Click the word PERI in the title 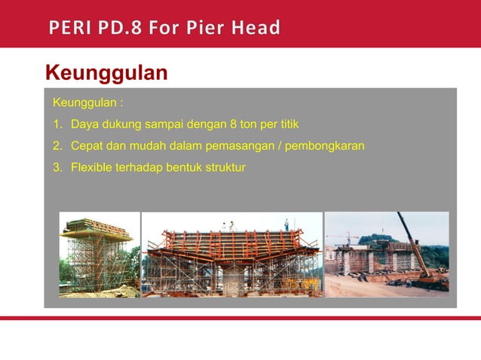(70, 28)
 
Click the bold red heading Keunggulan (106, 73)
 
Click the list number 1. (56, 124)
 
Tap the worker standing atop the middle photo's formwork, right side (286, 224)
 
